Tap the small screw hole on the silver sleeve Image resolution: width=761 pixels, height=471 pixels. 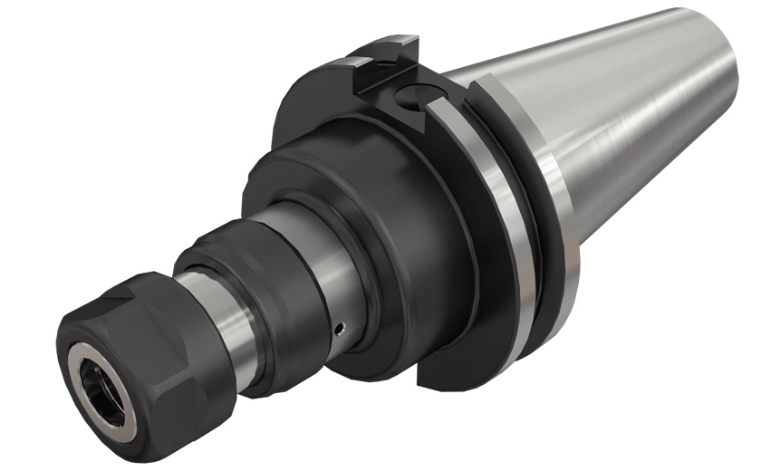[x=338, y=328]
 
